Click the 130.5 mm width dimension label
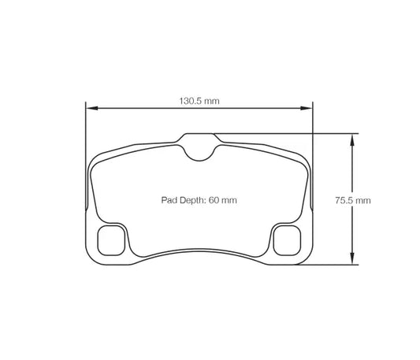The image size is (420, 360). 199,100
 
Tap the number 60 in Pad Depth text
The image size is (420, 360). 214,201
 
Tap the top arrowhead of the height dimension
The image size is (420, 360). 352,137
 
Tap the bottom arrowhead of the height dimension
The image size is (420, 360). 352,262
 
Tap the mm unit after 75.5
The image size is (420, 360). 363,201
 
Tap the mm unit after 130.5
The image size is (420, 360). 212,100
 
